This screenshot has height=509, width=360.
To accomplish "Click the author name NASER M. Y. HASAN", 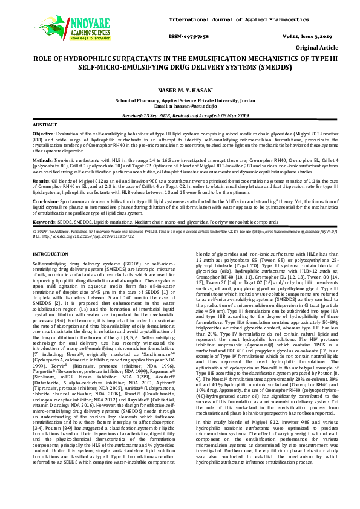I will tap(179, 89).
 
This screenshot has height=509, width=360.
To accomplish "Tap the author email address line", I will tap(179, 105).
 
